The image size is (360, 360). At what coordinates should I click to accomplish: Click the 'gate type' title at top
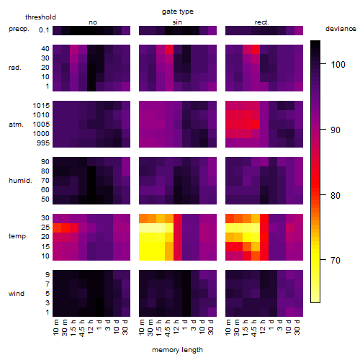178,12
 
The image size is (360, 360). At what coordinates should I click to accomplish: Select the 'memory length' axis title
177,350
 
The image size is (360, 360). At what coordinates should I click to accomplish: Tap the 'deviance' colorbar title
341,29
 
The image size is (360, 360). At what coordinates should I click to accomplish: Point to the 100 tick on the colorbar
323,64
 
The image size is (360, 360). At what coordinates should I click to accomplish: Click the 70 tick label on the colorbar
336,260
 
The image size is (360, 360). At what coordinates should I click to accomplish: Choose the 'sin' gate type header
177,22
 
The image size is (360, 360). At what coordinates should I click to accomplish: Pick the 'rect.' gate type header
261,22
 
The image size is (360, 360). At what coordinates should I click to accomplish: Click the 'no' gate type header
93,22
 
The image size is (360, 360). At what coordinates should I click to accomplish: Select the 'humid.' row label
20,181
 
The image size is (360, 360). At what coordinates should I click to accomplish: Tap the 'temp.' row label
18,236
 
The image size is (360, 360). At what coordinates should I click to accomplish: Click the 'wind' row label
17,294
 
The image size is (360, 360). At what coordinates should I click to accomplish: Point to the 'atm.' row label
16,125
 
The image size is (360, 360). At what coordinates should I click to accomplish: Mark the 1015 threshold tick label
41,106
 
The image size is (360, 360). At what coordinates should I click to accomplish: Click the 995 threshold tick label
43,143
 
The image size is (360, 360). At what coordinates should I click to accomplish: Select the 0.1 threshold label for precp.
44,30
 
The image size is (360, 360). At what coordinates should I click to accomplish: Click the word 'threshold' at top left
40,17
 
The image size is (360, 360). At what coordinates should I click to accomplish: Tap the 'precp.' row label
19,29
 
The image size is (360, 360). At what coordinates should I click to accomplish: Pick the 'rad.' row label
15,68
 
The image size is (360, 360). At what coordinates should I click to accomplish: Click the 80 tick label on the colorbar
336,196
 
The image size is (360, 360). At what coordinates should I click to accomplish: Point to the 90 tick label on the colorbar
336,130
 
